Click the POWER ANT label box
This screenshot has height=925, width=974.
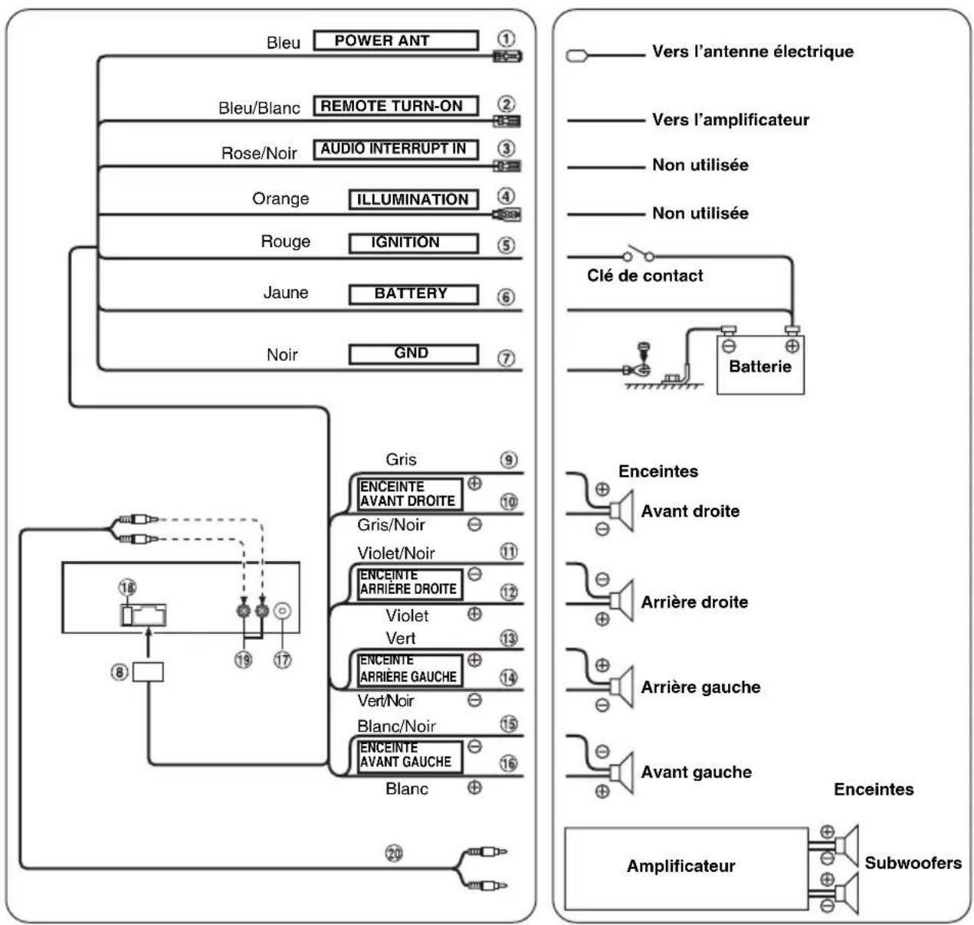tap(396, 40)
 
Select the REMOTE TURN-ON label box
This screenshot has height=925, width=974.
tap(396, 106)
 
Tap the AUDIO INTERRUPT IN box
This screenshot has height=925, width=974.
tap(396, 149)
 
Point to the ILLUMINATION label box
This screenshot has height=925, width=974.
tap(414, 199)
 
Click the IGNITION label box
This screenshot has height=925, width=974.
tap(414, 243)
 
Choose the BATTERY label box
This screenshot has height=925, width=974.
tap(414, 294)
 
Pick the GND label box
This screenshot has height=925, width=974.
tap(414, 354)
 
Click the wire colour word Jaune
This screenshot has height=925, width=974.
tap(286, 292)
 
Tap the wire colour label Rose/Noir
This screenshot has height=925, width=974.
tap(259, 153)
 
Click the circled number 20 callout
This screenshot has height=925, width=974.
tap(394, 853)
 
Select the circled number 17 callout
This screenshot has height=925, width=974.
tap(282, 660)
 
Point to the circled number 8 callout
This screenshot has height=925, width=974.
tap(120, 672)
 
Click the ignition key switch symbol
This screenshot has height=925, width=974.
tap(638, 254)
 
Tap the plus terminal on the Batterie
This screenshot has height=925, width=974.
tap(792, 346)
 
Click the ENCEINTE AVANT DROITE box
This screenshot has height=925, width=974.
tap(410, 494)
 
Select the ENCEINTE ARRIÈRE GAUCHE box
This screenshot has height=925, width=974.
tap(410, 670)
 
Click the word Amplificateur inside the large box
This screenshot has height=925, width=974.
tap(680, 866)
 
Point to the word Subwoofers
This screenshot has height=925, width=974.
tap(913, 863)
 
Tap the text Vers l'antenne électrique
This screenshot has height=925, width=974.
tap(753, 51)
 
